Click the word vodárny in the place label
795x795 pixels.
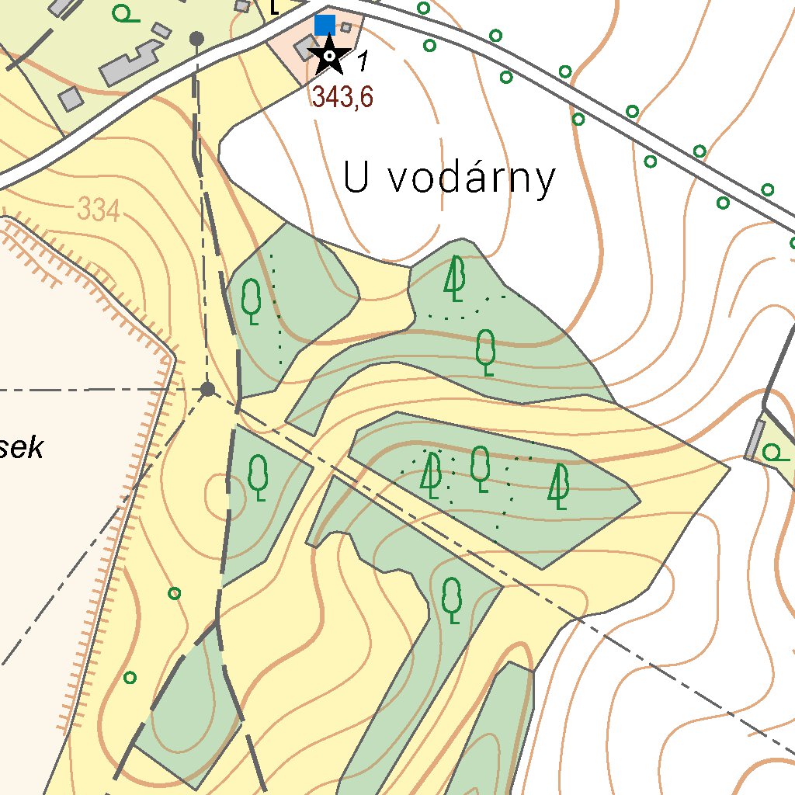(471, 179)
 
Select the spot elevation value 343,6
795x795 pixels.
(343, 97)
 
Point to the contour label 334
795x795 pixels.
(99, 210)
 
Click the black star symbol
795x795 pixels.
(329, 56)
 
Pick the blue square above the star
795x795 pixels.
(325, 25)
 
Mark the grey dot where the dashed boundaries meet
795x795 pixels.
(207, 389)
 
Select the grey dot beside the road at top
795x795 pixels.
(197, 38)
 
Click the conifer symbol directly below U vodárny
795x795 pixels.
(455, 279)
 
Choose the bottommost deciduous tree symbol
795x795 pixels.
(452, 599)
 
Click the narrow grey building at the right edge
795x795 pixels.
(754, 439)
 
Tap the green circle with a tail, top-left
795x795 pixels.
(123, 13)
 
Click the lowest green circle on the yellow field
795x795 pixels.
(130, 677)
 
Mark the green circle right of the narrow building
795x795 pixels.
(774, 453)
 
